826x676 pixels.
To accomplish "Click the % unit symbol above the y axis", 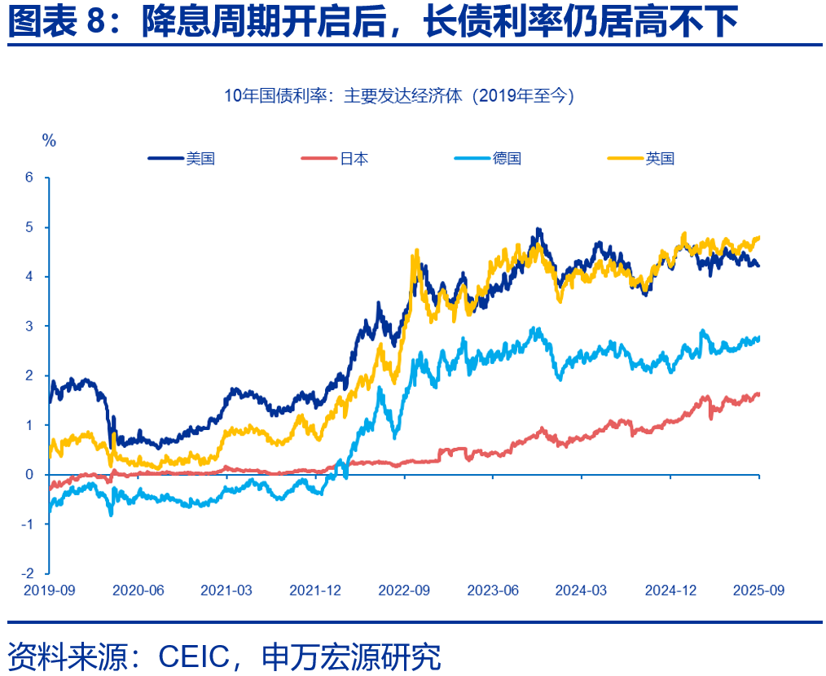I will point(49,141).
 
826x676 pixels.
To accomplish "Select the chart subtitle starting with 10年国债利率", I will point(399,96).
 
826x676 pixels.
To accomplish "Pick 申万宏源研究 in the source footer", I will point(351,655).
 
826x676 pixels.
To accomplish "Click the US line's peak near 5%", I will point(538,230).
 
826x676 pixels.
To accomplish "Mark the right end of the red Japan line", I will point(758,394).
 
